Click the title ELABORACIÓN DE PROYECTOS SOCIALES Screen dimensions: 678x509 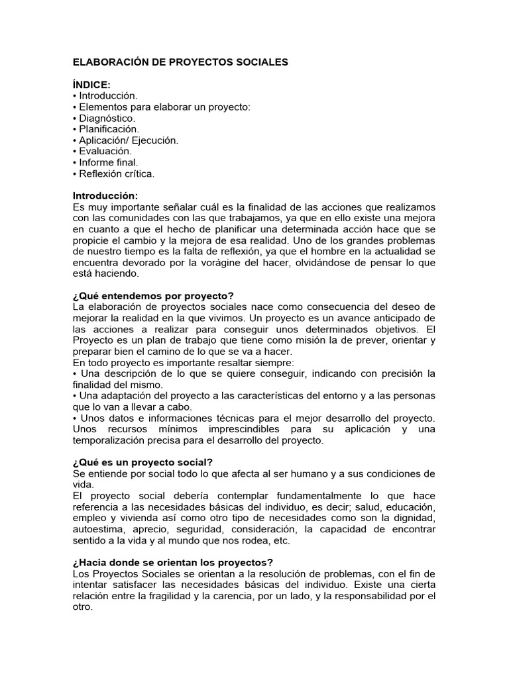pos(180,62)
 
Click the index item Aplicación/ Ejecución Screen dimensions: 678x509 pos(128,140)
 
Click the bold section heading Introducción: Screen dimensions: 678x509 pos(105,197)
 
